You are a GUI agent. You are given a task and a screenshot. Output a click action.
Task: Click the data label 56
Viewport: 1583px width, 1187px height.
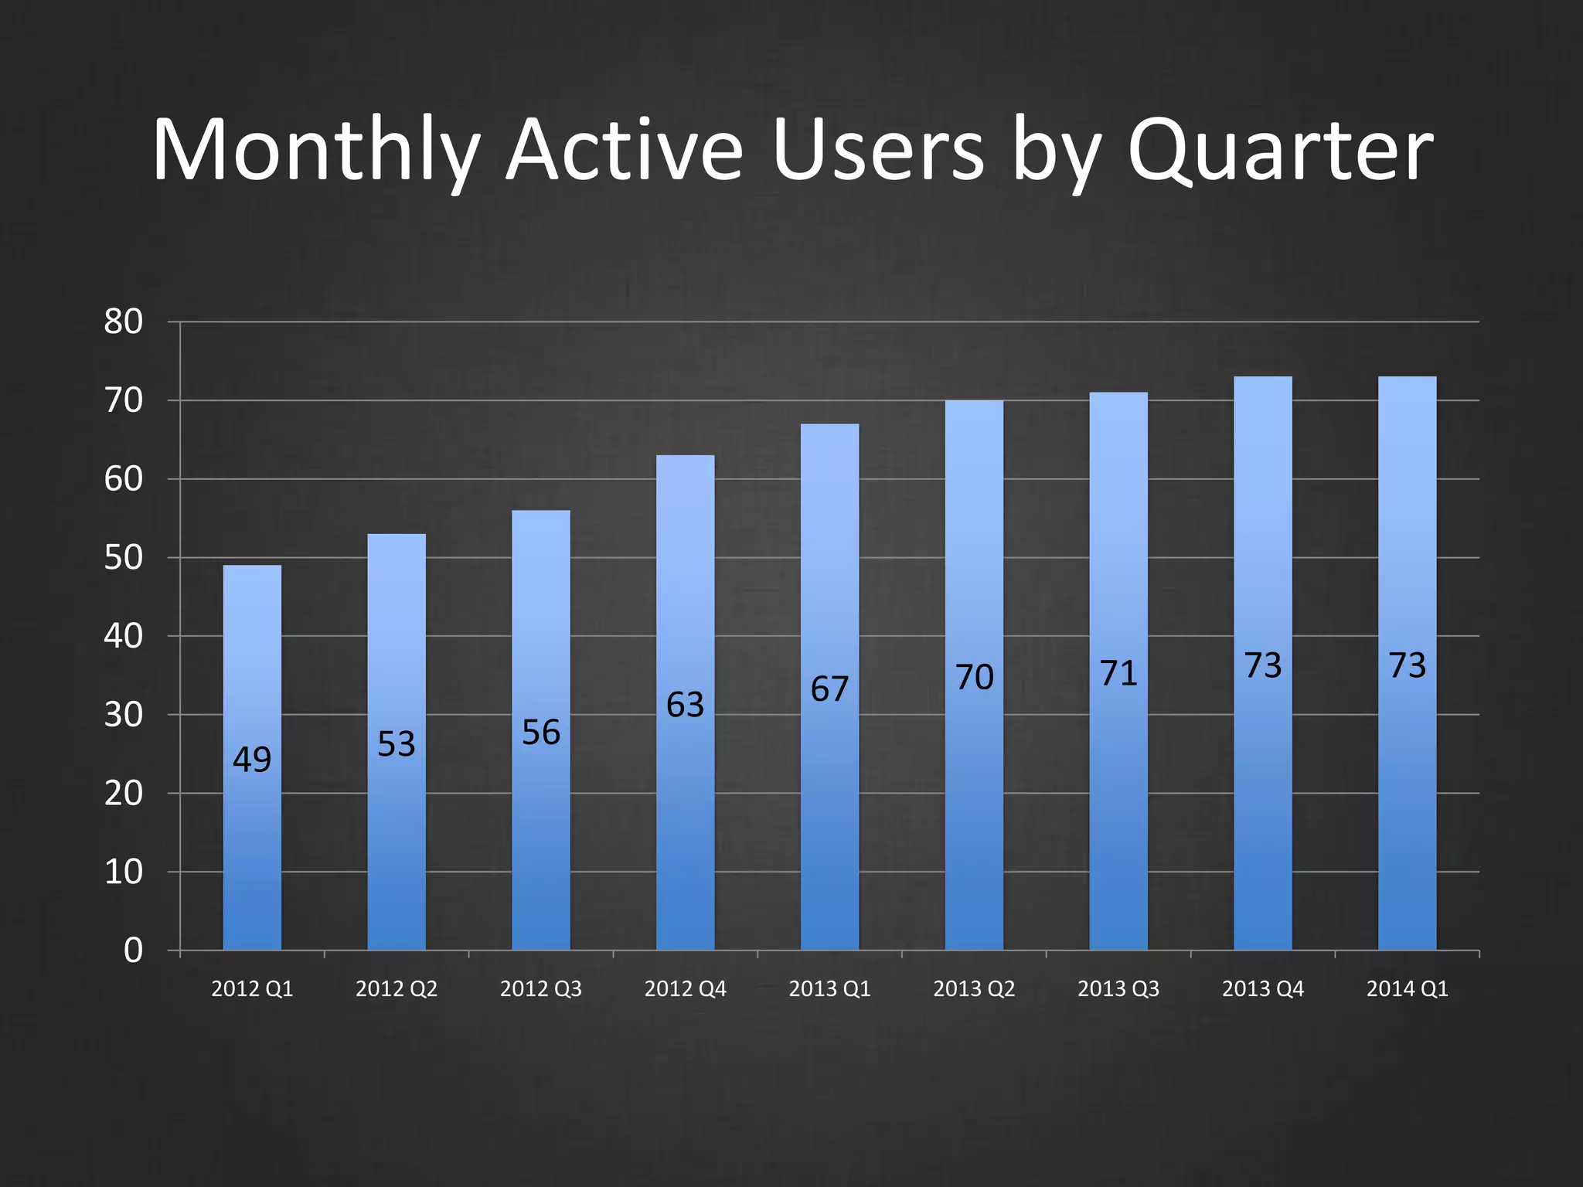(540, 733)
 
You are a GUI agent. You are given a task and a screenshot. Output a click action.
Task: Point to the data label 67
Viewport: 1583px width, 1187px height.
(829, 689)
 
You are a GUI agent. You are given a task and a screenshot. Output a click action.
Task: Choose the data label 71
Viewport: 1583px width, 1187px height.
(1118, 673)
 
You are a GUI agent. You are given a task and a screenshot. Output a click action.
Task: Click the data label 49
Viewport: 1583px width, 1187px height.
(252, 760)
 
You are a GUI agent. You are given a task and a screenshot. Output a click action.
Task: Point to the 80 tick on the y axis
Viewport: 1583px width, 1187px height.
(124, 322)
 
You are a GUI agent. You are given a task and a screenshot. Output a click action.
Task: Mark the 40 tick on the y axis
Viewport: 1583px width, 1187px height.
(124, 637)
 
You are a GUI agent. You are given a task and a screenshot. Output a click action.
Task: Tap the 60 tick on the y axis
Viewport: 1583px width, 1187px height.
(124, 480)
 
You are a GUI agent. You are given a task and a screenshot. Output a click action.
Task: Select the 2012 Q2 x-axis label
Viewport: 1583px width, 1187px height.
(397, 989)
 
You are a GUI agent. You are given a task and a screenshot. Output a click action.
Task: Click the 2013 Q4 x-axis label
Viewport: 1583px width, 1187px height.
(1262, 989)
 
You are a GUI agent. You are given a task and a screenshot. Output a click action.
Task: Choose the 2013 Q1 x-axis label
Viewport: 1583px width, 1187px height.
(829, 989)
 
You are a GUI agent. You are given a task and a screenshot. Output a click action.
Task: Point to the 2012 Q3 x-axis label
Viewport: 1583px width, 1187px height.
(540, 989)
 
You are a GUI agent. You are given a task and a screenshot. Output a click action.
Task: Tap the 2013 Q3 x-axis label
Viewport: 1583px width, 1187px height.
(1118, 989)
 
